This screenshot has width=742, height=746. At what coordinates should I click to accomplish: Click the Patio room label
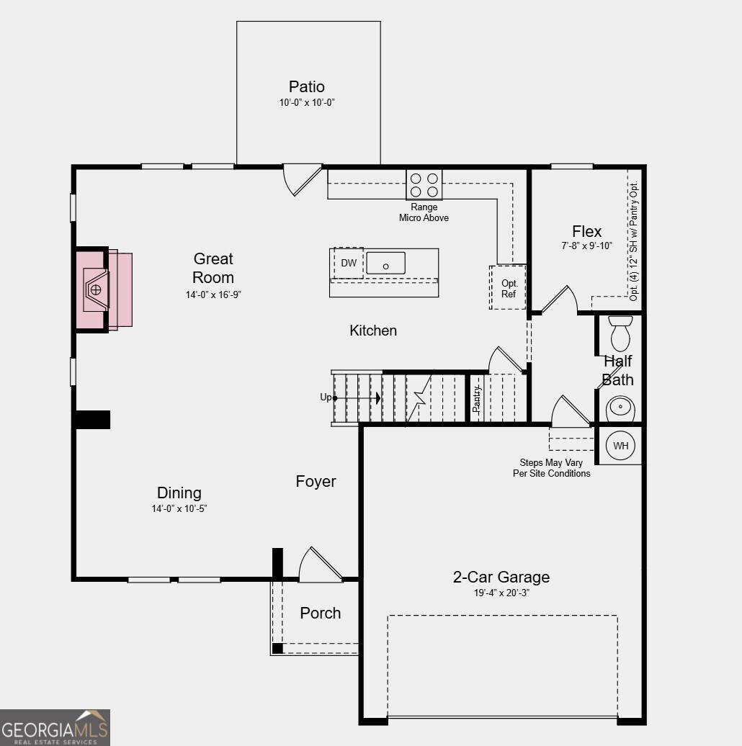point(307,87)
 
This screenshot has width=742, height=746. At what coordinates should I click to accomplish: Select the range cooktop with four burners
point(424,184)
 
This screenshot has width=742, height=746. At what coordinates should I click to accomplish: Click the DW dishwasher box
point(349,263)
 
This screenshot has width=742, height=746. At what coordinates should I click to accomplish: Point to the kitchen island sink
point(385,263)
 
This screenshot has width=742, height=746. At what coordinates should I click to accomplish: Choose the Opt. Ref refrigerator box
point(509,288)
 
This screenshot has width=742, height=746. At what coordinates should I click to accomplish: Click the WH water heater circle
point(620,446)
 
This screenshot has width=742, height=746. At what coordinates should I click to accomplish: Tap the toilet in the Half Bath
point(620,333)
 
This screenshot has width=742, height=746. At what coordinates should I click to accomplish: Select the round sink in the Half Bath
point(620,408)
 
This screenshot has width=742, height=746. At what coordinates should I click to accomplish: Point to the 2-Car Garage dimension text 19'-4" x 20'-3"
point(501,593)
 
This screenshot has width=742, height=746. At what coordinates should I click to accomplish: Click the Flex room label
point(586,231)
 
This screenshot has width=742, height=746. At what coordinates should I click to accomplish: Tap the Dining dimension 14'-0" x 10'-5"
point(179,508)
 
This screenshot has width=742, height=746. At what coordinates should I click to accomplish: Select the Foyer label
point(316,481)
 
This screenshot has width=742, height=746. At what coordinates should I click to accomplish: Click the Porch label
point(321,613)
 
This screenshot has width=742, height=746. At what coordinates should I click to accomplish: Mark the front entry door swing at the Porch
point(320,565)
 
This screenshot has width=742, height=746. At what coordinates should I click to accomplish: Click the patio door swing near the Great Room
point(301,179)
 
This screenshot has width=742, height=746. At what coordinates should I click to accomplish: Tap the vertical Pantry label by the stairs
point(476,399)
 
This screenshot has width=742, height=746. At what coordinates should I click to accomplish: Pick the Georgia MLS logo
point(55,727)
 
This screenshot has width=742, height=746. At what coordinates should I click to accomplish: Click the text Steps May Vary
point(551,463)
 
